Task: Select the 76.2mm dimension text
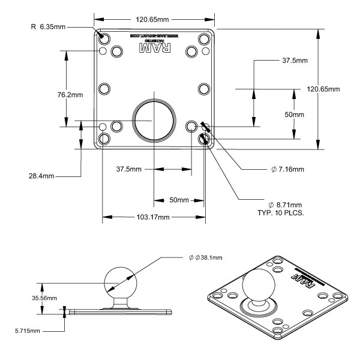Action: (49, 94)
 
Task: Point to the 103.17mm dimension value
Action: (154, 217)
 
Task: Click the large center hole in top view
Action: (154, 118)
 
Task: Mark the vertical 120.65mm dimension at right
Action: (323, 89)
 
